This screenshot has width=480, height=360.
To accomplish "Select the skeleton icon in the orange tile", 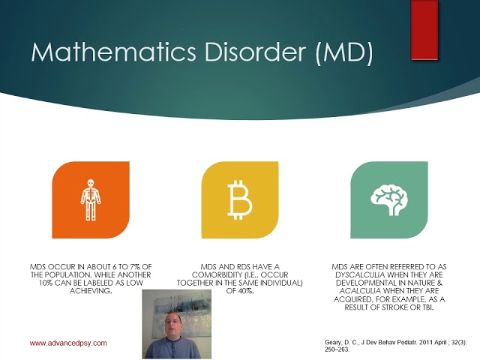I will tap(89, 199).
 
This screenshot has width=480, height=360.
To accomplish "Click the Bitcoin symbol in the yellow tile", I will tap(239, 199).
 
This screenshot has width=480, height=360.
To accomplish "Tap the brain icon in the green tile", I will tap(388, 197).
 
